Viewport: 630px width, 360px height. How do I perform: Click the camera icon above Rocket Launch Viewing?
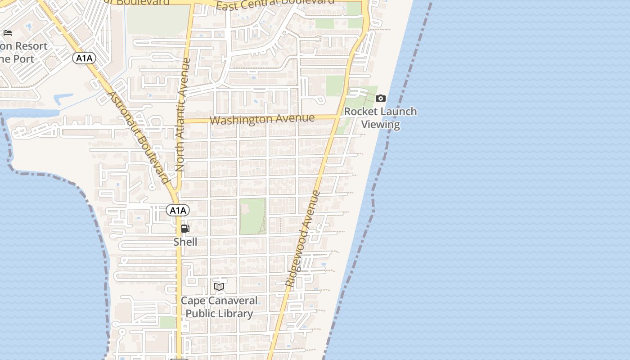tap(381, 98)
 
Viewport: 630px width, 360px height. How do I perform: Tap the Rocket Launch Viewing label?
tap(381, 118)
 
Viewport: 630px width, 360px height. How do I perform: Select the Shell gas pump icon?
tap(185, 229)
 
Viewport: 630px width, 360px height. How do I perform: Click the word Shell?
tap(185, 242)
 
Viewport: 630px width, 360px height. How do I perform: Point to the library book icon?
tap(219, 287)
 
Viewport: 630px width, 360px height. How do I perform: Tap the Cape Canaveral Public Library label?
tap(219, 307)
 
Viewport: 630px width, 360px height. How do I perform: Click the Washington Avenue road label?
tap(262, 119)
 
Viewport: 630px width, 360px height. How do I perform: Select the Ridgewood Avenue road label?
tap(303, 239)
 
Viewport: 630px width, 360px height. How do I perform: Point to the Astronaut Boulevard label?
tap(139, 137)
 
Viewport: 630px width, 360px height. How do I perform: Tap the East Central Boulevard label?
tap(275, 4)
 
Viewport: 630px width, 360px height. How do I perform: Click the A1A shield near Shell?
tap(178, 210)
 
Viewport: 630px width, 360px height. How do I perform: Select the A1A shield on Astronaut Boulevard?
tap(84, 58)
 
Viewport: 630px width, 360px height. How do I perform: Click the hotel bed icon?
tap(8, 33)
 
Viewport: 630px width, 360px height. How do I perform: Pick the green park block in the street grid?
tap(252, 216)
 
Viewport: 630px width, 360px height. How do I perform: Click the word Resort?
tap(31, 46)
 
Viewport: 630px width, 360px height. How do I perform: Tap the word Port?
tap(23, 59)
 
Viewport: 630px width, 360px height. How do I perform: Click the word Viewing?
tap(381, 125)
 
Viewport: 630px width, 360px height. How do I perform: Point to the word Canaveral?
tap(232, 301)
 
